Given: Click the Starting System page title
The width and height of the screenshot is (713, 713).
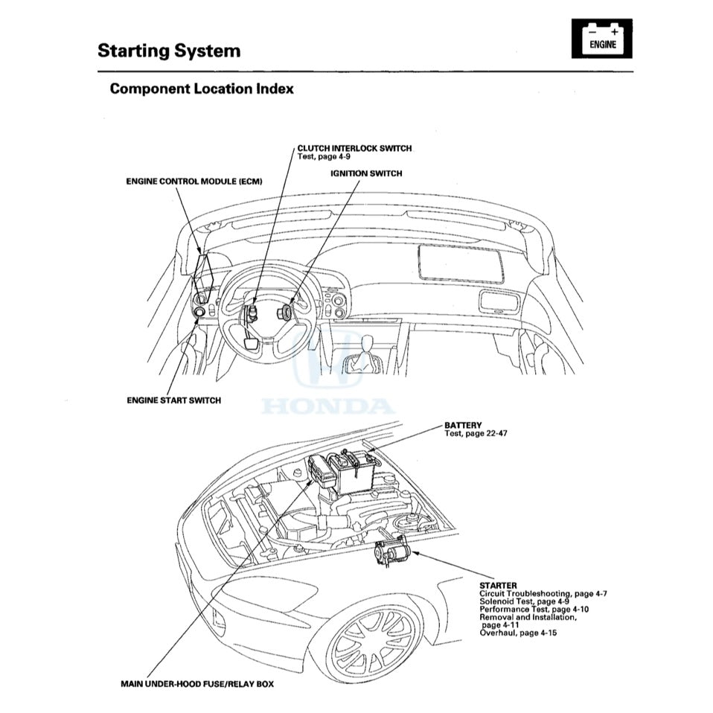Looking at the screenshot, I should pyautogui.click(x=168, y=51).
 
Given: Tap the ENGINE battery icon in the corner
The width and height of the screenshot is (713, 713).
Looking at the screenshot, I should pyautogui.click(x=602, y=39).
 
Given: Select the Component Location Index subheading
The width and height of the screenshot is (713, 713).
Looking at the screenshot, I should pyautogui.click(x=201, y=89).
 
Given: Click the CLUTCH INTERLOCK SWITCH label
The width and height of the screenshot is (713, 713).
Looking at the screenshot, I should pyautogui.click(x=354, y=148).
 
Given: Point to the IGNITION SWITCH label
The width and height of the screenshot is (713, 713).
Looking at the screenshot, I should pyautogui.click(x=366, y=173).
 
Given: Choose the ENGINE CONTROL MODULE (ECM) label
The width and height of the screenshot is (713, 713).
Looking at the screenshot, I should pyautogui.click(x=194, y=182).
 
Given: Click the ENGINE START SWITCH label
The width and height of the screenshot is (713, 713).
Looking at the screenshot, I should pyautogui.click(x=173, y=400).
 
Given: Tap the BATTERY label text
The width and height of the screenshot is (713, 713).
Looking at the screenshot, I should pyautogui.click(x=463, y=426).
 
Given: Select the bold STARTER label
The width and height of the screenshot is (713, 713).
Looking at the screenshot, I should pyautogui.click(x=498, y=586).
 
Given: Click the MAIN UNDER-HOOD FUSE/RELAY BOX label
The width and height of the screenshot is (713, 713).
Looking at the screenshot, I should pyautogui.click(x=196, y=684).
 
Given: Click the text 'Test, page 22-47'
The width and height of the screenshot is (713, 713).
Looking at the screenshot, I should pyautogui.click(x=476, y=433).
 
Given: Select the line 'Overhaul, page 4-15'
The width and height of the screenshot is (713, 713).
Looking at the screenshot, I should pyautogui.click(x=518, y=633).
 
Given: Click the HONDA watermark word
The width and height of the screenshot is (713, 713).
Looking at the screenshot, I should pyautogui.click(x=327, y=406).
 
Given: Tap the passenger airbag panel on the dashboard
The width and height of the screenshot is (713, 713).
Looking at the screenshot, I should pyautogui.click(x=460, y=262).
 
